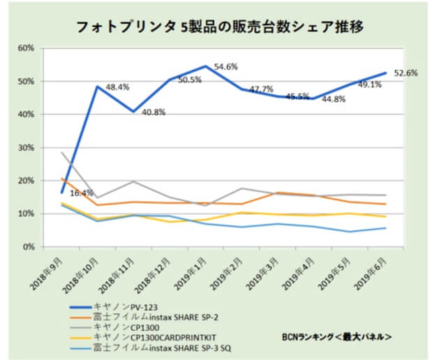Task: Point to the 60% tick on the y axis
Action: click(26, 48)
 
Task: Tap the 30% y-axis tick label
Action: click(26, 148)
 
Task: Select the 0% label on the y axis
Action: click(29, 247)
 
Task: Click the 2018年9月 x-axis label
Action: click(47, 271)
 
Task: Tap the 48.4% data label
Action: click(117, 87)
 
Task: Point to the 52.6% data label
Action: click(406, 73)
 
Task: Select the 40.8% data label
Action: click(153, 112)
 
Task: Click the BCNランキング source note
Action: click(335, 337)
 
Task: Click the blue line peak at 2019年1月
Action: click(206, 66)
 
